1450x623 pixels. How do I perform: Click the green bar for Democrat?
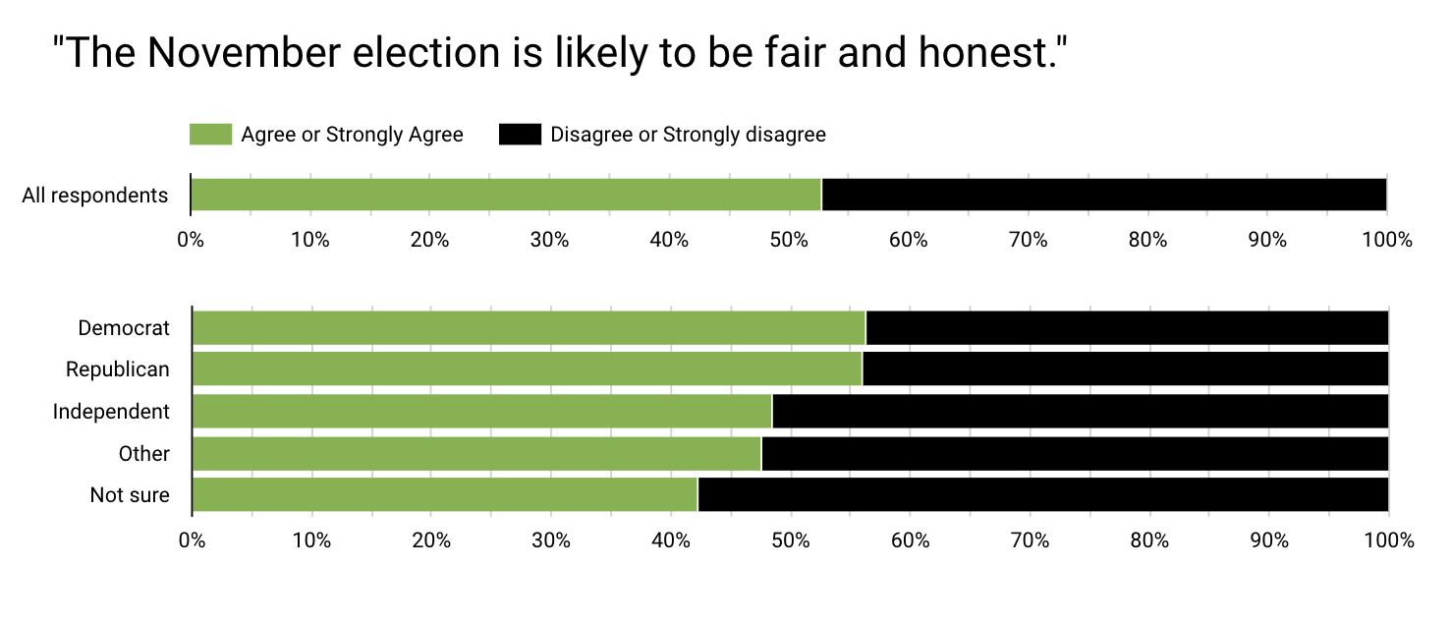[529, 328]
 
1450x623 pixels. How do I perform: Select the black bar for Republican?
[1125, 369]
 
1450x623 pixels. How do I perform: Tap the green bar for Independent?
[482, 412]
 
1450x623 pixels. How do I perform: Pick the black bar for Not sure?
[1042, 494]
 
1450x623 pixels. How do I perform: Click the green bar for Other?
[476, 454]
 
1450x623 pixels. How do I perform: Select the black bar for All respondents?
[1103, 195]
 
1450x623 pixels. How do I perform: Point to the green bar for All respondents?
[505, 195]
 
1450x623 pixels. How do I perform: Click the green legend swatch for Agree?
[210, 135]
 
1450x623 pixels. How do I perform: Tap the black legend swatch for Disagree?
[520, 135]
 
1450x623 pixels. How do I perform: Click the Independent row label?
[111, 411]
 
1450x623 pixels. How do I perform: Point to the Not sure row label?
[130, 494]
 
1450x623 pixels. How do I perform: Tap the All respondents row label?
[95, 195]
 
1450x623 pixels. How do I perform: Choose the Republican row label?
[118, 369]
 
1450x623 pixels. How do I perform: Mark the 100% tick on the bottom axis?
[1388, 539]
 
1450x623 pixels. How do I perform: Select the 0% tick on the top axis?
[190, 239]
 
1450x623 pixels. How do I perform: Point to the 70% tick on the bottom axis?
[1030, 539]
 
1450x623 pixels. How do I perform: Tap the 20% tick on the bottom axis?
[431, 539]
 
